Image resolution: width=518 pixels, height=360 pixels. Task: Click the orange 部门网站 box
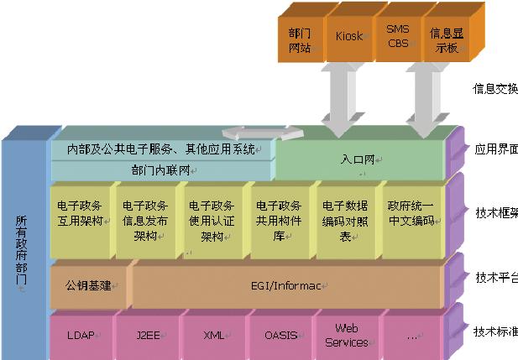point(300,39)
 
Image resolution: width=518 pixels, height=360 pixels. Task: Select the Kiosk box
point(348,37)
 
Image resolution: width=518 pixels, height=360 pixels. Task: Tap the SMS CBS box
point(397,37)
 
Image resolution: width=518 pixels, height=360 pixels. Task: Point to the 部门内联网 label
point(161,170)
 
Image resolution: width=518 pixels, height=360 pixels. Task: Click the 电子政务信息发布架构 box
point(145,220)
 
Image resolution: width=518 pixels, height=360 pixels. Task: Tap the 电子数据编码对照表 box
point(344,220)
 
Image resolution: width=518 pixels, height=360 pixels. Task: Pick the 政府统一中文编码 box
point(411,217)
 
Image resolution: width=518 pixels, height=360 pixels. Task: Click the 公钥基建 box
point(88,286)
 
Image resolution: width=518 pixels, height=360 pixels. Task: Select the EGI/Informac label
point(285,286)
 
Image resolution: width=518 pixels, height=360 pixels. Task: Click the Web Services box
point(346,335)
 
